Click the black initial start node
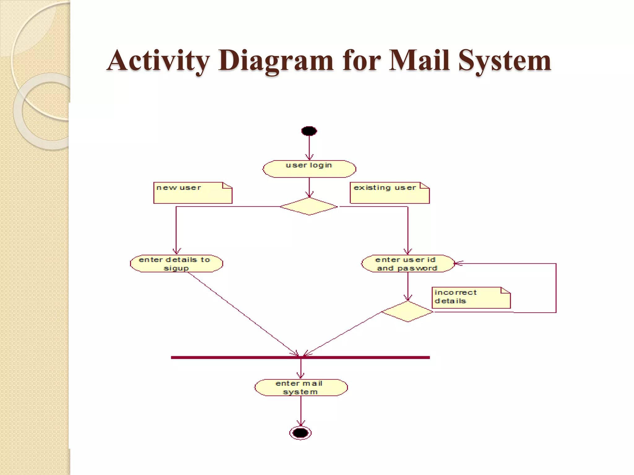[309, 131]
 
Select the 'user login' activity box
[309, 169]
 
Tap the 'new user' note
[193, 193]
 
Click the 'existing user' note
[389, 193]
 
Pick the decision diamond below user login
[309, 206]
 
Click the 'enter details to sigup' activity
[176, 264]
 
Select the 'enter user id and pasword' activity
[407, 264]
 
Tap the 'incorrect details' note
[471, 297]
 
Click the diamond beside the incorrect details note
[407, 311]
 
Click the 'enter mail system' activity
[301, 387]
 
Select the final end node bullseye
[300, 433]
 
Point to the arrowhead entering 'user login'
[309, 157]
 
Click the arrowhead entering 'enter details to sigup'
[176, 251]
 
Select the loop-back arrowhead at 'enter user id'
[458, 263]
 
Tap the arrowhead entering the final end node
[301, 423]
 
